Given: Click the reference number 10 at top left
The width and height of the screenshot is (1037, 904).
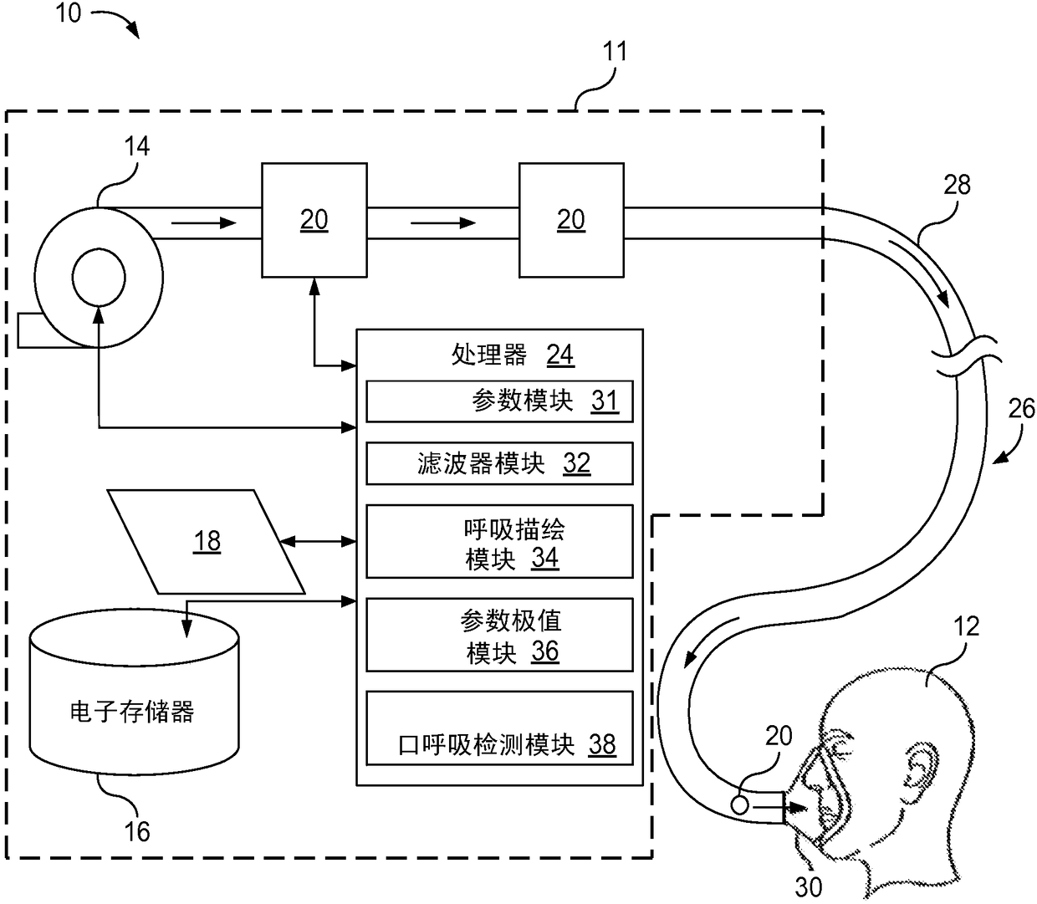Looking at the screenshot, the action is tap(68, 13).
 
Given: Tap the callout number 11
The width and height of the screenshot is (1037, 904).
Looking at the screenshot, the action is tap(615, 52).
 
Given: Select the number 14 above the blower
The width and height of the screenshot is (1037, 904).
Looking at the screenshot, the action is tap(137, 146).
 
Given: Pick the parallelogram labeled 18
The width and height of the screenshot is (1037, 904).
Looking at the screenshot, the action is tap(207, 541).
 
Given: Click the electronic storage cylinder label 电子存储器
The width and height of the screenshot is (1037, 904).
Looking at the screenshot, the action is tap(132, 712).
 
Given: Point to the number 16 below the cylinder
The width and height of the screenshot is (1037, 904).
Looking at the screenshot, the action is tap(137, 832).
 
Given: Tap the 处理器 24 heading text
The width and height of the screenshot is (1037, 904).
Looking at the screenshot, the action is tap(513, 355).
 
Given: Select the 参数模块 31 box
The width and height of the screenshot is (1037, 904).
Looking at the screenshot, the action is tap(499, 401).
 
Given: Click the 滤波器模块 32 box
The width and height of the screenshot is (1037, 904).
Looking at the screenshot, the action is tap(499, 463).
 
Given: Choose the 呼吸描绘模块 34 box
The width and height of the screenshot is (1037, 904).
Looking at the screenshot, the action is tap(499, 541).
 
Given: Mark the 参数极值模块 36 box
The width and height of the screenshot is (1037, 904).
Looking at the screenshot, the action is tap(499, 635).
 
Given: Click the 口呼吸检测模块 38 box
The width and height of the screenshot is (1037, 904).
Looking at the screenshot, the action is tap(499, 728).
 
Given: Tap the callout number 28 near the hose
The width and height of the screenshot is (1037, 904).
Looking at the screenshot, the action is tap(957, 185).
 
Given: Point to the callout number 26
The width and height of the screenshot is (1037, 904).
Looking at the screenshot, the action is tap(1021, 408).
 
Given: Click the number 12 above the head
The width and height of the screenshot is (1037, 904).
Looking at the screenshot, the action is tap(967, 627).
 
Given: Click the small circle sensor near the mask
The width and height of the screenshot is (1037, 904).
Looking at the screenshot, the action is tap(739, 804).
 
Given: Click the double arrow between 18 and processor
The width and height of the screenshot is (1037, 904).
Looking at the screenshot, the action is tap(318, 541).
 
